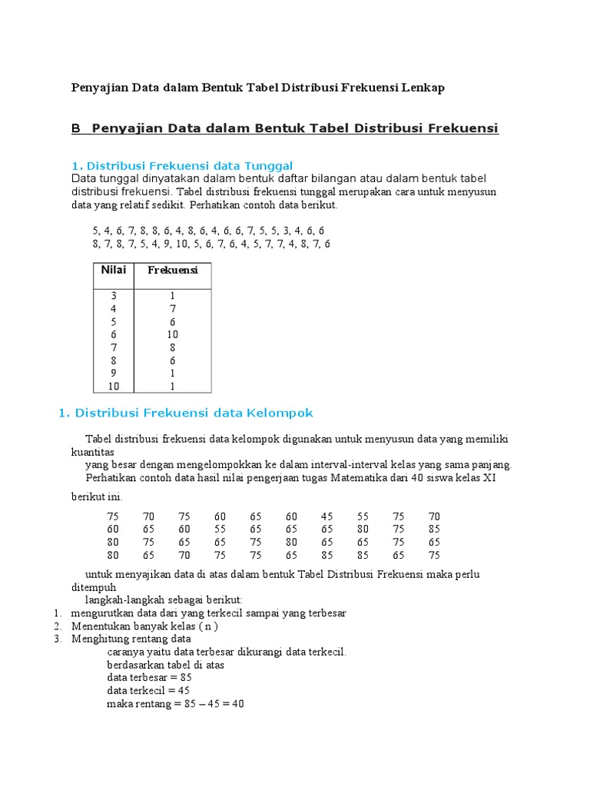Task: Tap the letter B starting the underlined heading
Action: coord(76,128)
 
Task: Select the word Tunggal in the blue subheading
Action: coord(269,166)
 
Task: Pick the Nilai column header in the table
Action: coord(113,270)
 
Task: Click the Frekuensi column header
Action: coord(172,271)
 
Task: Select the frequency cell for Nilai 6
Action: coord(173,334)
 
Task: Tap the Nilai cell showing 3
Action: coord(114,295)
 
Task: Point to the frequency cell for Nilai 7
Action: coord(173,347)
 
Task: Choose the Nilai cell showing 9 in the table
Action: coord(114,374)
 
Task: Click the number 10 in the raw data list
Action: coord(181,244)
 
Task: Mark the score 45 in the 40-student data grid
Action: coord(327,516)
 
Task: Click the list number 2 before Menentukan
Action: coord(58,626)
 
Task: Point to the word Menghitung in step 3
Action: coord(98,639)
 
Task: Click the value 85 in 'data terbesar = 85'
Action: coord(185,678)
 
